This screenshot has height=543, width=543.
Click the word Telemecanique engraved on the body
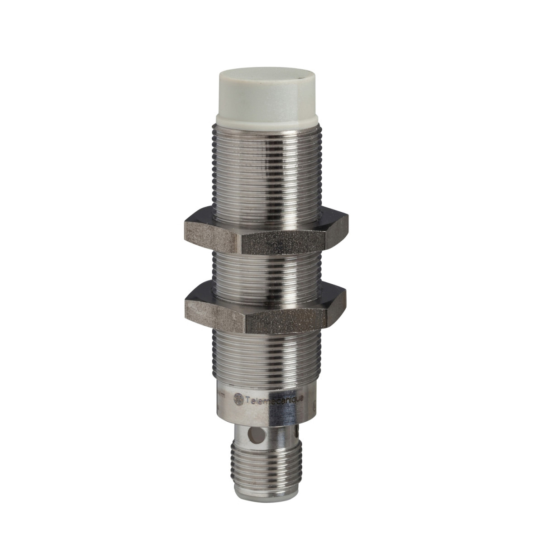coord(274,399)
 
